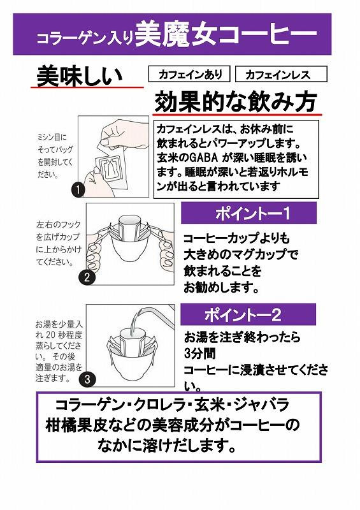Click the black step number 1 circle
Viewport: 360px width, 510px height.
(78, 189)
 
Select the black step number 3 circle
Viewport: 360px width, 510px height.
(87, 379)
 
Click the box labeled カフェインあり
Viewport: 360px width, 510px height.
(189, 74)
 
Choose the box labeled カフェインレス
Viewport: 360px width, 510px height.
(281, 74)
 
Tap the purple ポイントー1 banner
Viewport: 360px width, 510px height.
(248, 213)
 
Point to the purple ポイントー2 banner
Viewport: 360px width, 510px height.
(248, 314)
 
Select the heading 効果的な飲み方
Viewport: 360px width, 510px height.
(236, 102)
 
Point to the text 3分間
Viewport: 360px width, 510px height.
(199, 354)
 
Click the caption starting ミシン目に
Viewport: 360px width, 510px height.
(55, 156)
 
